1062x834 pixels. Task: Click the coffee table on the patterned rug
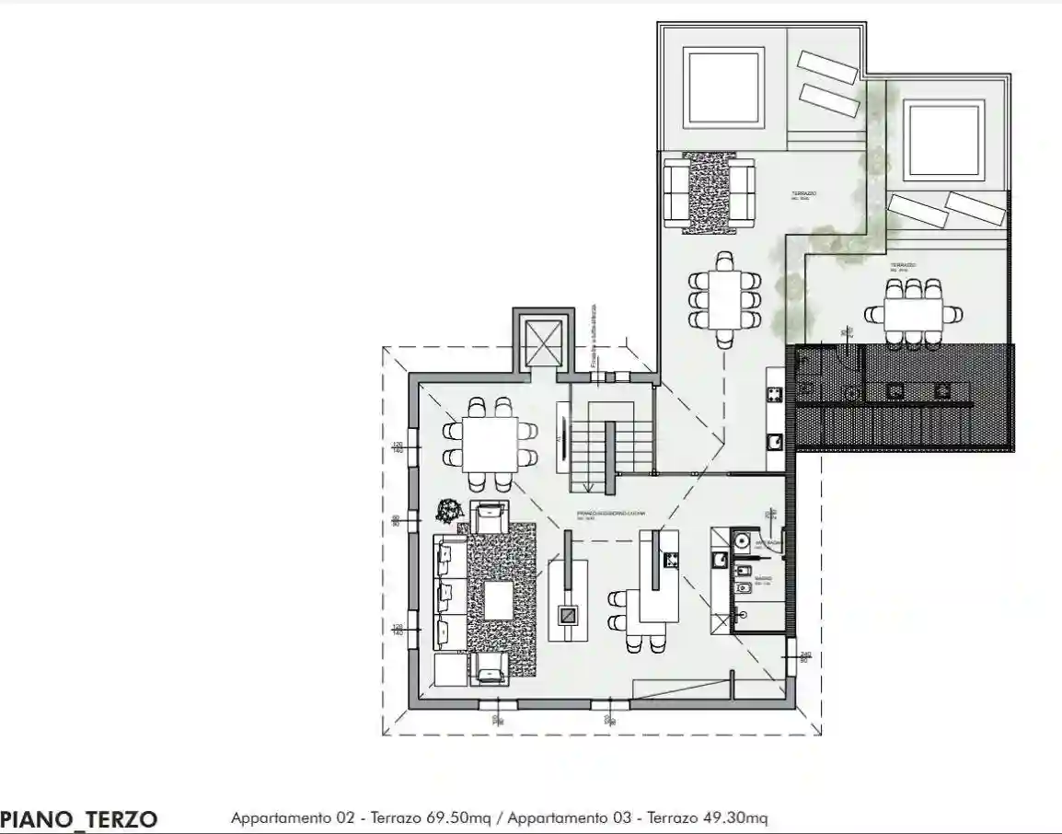pyautogui.click(x=498, y=601)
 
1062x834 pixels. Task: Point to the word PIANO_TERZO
pyautogui.click(x=79, y=818)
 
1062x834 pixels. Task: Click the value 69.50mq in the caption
pyautogui.click(x=453, y=817)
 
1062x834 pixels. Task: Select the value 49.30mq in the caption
pyautogui.click(x=733, y=817)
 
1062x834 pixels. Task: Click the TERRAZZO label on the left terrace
pyautogui.click(x=804, y=194)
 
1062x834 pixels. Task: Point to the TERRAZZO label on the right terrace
pyautogui.click(x=903, y=265)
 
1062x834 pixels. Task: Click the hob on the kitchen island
pyautogui.click(x=670, y=558)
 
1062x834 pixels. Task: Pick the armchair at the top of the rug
pyautogui.click(x=489, y=516)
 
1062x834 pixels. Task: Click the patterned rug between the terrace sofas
pyautogui.click(x=710, y=191)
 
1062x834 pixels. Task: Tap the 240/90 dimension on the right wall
pyautogui.click(x=804, y=656)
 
